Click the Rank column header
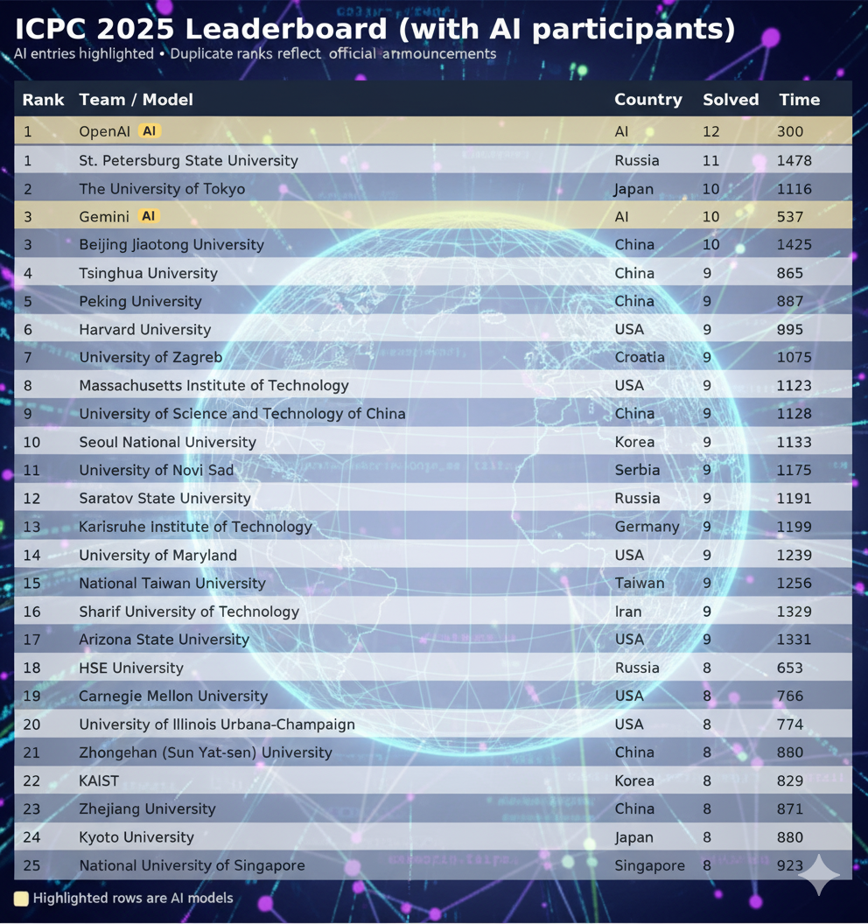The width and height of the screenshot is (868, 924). (43, 100)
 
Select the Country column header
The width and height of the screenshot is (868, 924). (647, 100)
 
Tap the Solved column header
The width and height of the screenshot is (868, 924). (730, 100)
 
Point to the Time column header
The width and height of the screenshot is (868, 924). (799, 100)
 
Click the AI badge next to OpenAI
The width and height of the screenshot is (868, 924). (150, 131)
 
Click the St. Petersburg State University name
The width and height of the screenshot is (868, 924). (188, 160)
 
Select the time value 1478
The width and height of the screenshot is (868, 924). (794, 160)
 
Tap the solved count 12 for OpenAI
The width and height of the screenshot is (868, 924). (710, 131)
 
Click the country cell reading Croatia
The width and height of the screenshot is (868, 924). (640, 357)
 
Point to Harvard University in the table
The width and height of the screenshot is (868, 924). (144, 329)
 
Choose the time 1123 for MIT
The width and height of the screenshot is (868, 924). (794, 385)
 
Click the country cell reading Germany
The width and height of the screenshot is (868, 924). (647, 527)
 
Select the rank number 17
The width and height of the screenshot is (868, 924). (31, 640)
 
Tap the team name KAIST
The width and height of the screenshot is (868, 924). (99, 780)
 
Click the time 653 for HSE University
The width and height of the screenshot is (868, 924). (789, 668)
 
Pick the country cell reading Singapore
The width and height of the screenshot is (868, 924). (649, 865)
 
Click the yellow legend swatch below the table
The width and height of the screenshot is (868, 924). (21, 899)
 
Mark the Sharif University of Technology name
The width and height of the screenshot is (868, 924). (189, 612)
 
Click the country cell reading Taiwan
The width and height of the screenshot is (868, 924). (640, 583)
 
